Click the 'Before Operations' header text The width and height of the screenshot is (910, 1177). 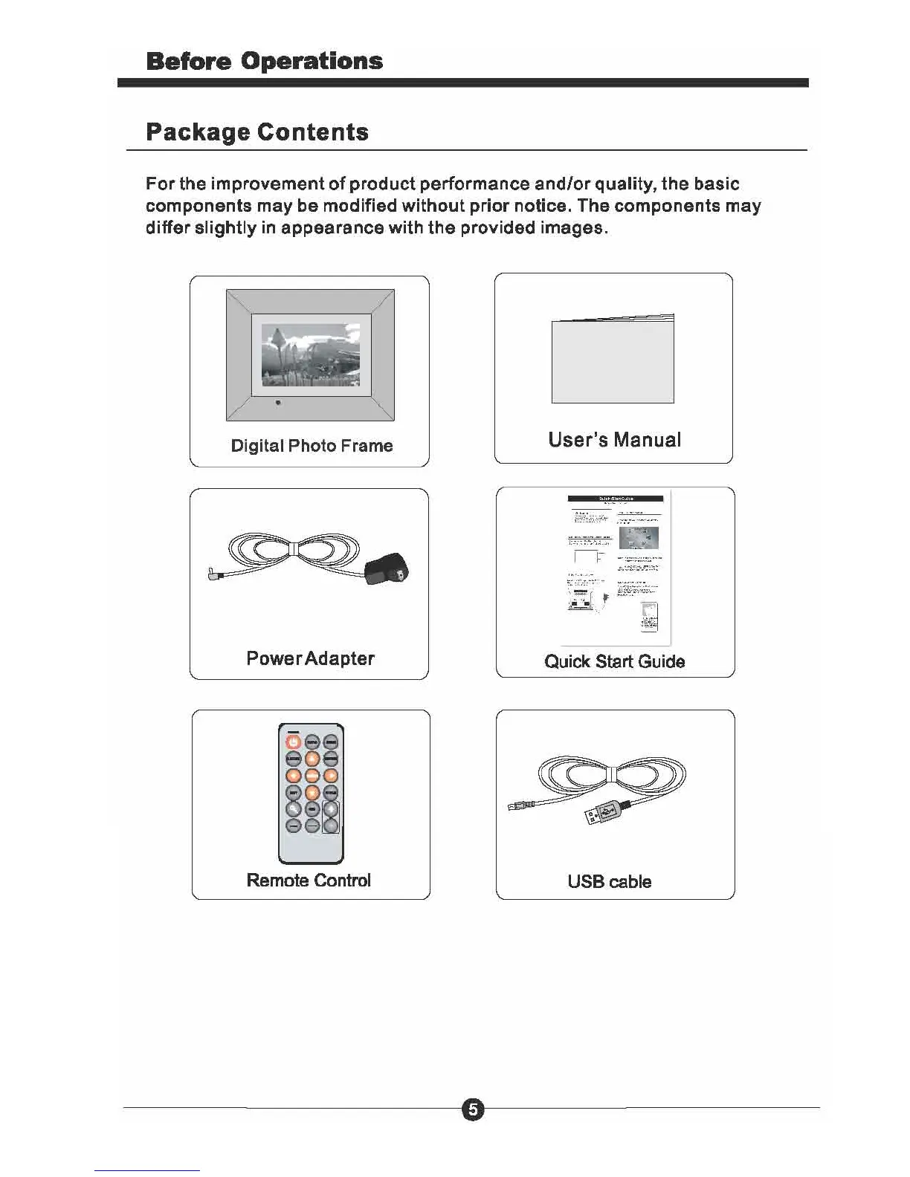point(265,60)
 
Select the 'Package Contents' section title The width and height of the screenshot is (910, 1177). point(257,132)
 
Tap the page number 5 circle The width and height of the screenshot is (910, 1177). point(473,1109)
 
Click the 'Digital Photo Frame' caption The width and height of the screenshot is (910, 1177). point(312,446)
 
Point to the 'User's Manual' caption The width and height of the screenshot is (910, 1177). point(614,440)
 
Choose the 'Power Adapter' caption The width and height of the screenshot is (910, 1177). point(310,658)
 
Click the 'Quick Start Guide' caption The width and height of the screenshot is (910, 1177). point(614,661)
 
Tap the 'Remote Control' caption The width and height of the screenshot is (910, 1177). point(309,881)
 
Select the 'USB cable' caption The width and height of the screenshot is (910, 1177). point(609,882)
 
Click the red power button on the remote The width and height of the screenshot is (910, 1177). point(293,742)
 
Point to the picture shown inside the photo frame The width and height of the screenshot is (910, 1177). point(310,357)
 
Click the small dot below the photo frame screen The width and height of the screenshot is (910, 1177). point(278,403)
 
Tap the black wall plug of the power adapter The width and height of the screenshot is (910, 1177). point(387,572)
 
